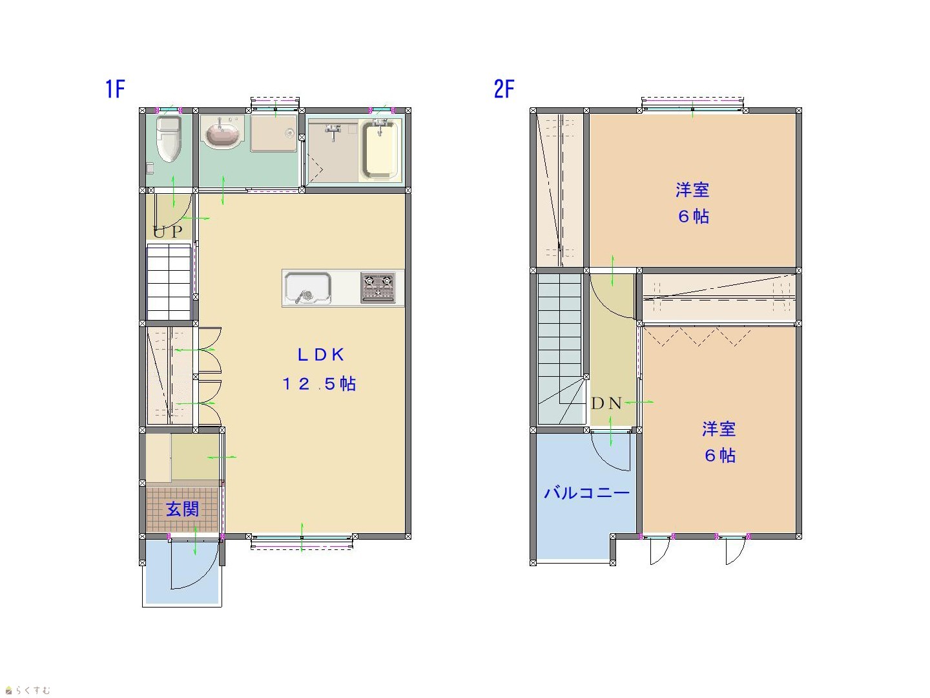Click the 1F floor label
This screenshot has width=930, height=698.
115,89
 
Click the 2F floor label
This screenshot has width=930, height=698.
504,89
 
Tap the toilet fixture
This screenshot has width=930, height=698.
169,140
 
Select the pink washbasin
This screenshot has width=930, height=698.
222,132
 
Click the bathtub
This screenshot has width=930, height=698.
379,149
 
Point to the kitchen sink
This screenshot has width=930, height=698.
307,288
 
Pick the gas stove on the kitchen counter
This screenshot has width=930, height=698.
378,288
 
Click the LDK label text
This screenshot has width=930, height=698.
321,355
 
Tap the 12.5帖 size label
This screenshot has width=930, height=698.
319,384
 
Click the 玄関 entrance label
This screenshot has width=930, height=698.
182,509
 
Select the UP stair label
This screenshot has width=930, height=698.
168,232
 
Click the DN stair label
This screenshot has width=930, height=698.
606,403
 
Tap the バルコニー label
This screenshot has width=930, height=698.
586,493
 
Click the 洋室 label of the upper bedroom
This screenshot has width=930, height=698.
692,190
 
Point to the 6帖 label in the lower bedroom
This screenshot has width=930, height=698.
720,456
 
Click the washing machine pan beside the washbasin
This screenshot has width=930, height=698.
274,133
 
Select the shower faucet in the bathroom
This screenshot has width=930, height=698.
333,131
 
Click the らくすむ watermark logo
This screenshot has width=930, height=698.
28,690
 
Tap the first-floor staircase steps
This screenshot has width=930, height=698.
169,282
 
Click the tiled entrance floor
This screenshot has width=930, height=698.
183,509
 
